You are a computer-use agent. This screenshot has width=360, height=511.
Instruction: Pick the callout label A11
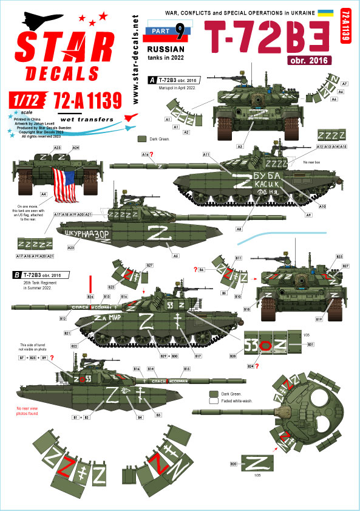[207, 154]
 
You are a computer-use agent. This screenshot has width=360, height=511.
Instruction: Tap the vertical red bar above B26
[90, 284]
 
